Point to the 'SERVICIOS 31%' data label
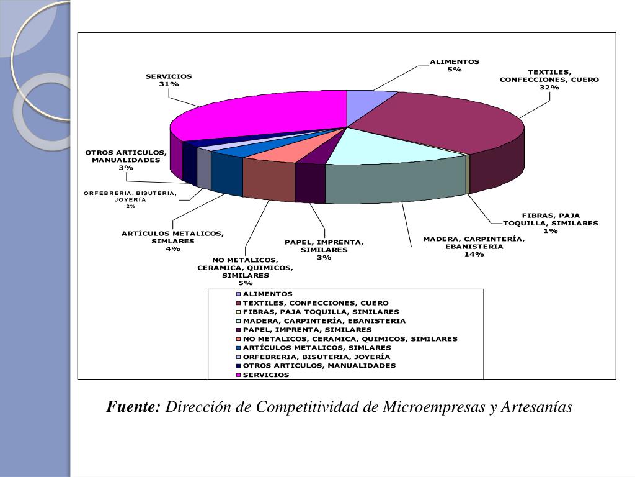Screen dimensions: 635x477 [x=169, y=80]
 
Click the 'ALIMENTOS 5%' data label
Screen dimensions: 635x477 [x=455, y=66]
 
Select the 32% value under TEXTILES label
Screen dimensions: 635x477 [x=549, y=88]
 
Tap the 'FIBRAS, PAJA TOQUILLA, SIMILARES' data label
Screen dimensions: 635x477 [x=551, y=223]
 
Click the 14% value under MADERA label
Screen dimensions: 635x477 [x=474, y=254]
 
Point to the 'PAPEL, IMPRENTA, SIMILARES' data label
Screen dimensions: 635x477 [x=324, y=250]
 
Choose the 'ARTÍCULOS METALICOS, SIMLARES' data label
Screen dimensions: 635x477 [x=172, y=241]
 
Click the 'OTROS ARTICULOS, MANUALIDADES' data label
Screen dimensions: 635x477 [x=126, y=160]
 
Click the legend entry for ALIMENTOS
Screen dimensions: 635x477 [x=267, y=294]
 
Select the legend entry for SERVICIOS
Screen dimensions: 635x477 [x=265, y=375]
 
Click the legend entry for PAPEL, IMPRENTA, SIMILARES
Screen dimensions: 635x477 [x=307, y=330]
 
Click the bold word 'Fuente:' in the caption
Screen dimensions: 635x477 [x=133, y=407]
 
